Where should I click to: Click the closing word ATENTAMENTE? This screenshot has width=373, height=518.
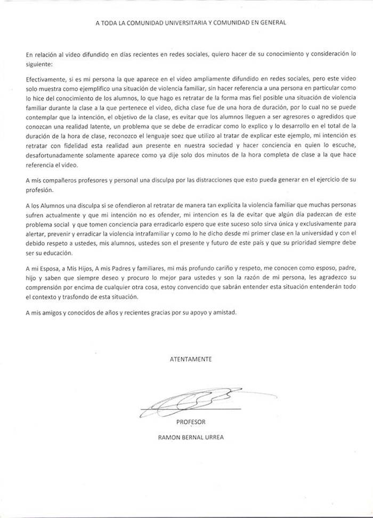(191, 359)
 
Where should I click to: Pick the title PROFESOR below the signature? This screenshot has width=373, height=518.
(190, 421)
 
